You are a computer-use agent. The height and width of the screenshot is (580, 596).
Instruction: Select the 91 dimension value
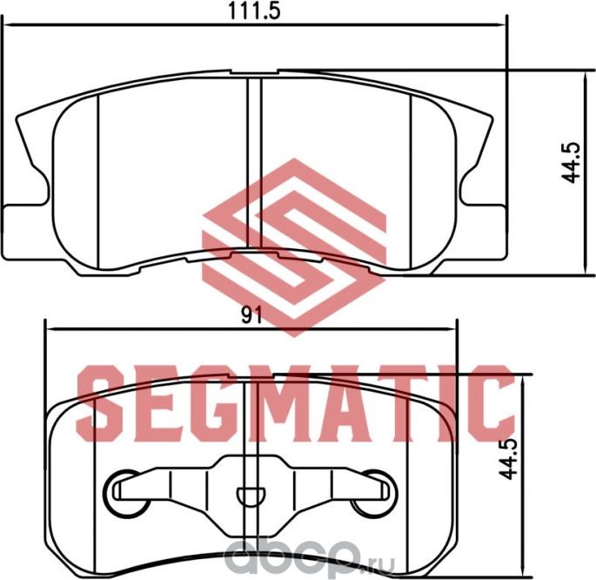click(x=252, y=317)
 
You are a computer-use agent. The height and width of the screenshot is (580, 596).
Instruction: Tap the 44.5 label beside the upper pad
click(x=571, y=163)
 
